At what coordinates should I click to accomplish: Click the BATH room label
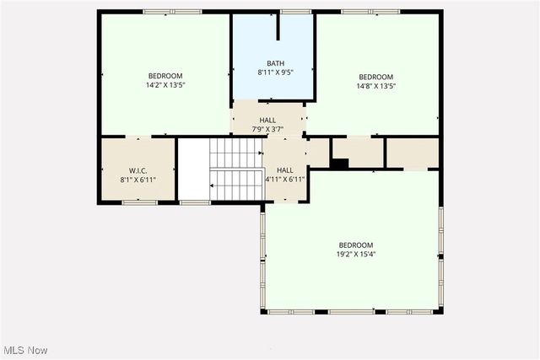[276, 63]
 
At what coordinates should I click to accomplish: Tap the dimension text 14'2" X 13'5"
[165, 85]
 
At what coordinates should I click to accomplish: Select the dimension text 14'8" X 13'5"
[375, 85]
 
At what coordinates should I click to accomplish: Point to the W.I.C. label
[137, 169]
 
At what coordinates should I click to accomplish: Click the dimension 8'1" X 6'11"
[137, 179]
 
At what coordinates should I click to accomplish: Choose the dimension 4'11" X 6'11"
[285, 179]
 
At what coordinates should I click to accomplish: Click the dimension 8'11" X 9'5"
[276, 73]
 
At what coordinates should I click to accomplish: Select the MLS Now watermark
[24, 350]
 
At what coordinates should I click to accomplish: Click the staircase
[235, 169]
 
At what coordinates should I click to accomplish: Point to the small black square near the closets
[338, 164]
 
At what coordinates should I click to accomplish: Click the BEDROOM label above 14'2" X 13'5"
[165, 76]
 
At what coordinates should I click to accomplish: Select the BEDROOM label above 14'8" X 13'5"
[375, 76]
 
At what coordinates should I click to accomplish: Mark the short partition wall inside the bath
[278, 26]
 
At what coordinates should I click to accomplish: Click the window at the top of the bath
[295, 11]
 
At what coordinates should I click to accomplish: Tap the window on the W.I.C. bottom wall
[139, 202]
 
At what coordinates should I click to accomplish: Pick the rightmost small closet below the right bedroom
[413, 153]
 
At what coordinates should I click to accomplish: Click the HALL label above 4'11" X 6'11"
[285, 169]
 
